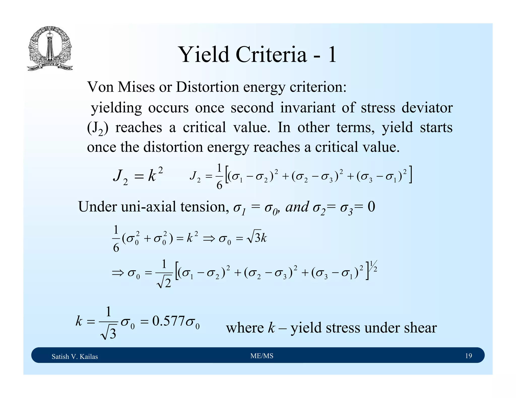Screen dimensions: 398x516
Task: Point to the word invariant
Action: click(x=308, y=108)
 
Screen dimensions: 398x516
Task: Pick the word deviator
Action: click(x=427, y=108)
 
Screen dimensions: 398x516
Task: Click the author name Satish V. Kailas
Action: click(x=75, y=356)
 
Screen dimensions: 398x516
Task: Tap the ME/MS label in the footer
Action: click(x=262, y=356)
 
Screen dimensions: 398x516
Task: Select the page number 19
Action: click(x=468, y=356)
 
